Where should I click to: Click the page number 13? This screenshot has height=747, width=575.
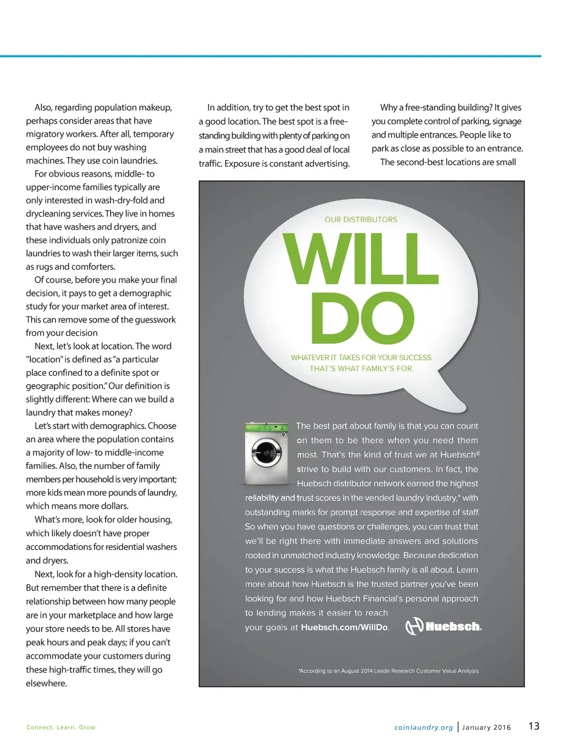pyautogui.click(x=533, y=726)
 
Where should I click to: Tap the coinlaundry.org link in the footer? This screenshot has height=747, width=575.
pyautogui.click(x=423, y=727)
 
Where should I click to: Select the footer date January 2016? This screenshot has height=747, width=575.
pyautogui.click(x=486, y=727)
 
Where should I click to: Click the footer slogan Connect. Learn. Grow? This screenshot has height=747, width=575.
pyautogui.click(x=61, y=727)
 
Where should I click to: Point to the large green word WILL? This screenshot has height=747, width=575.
pyautogui.click(x=360, y=259)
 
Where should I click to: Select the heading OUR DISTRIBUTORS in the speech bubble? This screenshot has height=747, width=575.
pyautogui.click(x=360, y=220)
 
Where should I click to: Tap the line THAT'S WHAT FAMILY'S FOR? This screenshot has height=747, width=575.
pyautogui.click(x=361, y=368)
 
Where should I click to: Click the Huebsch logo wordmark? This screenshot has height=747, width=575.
pyautogui.click(x=453, y=626)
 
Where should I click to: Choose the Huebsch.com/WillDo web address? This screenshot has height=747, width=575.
pyautogui.click(x=344, y=627)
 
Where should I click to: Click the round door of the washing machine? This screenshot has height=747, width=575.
pyautogui.click(x=266, y=452)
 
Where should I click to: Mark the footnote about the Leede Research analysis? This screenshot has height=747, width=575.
pyautogui.click(x=389, y=671)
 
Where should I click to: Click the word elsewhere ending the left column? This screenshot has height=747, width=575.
pyautogui.click(x=46, y=683)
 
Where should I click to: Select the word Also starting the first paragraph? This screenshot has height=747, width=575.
pyautogui.click(x=43, y=107)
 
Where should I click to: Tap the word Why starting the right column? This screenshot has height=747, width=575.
pyautogui.click(x=389, y=107)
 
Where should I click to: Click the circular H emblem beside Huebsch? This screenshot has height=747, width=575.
pyautogui.click(x=414, y=626)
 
